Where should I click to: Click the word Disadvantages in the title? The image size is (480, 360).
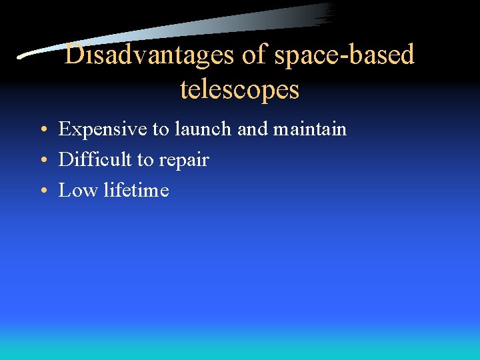(150, 55)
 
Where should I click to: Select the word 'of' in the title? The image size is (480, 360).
(254, 55)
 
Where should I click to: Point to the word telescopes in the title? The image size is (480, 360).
(239, 89)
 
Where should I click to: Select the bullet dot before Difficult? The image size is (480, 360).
(42, 161)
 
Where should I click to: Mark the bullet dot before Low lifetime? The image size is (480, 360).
(42, 191)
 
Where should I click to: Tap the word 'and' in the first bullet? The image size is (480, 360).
(253, 129)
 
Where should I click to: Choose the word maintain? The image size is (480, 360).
(310, 129)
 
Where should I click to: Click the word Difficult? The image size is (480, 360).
(95, 159)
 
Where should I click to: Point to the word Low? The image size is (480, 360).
(78, 190)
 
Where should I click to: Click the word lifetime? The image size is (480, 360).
(137, 190)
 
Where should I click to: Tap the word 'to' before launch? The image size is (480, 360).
(162, 129)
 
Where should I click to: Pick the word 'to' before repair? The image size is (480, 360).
(145, 160)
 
